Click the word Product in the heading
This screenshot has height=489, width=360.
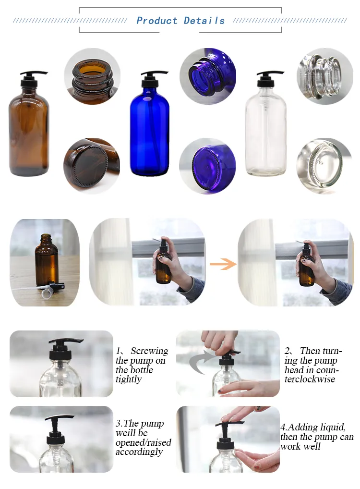coord(157,21)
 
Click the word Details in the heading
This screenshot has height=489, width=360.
coord(204,21)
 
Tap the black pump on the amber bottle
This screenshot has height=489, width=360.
coord(33,79)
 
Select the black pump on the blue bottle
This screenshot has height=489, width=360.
coord(153,79)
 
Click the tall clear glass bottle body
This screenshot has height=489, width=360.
coord(265,131)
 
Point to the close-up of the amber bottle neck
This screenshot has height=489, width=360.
coord(92,76)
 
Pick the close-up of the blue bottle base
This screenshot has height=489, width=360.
coord(207,166)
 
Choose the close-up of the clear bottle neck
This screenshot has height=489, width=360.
coord(325,76)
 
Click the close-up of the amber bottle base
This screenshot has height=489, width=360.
coord(92,166)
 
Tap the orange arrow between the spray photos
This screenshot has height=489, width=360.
coord(223,264)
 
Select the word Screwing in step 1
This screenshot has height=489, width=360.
coord(149,351)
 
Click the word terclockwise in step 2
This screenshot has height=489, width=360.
coord(310,379)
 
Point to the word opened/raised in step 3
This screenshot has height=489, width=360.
coord(144,442)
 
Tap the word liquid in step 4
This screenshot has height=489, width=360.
coord(331,427)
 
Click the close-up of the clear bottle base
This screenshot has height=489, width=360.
coord(324,166)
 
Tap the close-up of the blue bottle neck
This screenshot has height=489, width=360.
coord(208,76)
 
